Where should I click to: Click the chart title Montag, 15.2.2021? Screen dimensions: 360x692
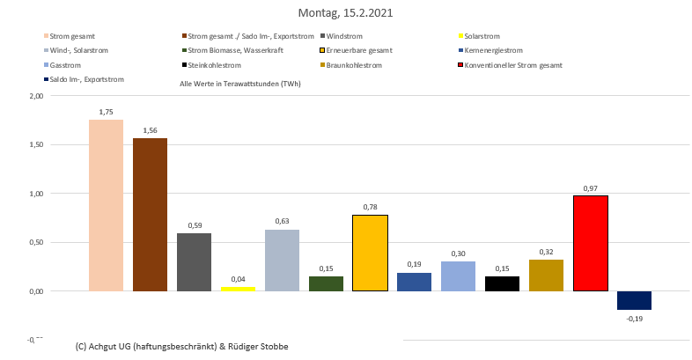[345, 13]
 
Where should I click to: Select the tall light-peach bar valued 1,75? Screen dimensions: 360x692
[106, 204]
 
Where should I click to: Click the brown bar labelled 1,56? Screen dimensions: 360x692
[150, 214]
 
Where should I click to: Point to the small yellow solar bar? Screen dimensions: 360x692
[238, 288]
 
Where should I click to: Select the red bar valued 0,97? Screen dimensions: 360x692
[590, 243]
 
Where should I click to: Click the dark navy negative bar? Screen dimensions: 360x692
[634, 300]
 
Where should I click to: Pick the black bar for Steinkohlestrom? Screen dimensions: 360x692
[502, 283]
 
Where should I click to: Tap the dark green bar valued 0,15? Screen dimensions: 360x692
[326, 283]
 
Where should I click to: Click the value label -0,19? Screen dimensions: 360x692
[634, 319]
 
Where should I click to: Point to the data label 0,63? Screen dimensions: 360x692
[282, 221]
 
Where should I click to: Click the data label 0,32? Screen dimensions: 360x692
[546, 251]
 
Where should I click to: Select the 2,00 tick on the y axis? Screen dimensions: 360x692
[35, 96]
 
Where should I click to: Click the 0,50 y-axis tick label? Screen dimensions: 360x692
[35, 242]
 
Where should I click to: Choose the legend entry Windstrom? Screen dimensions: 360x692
[343, 36]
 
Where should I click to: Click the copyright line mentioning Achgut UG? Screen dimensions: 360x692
[182, 346]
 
